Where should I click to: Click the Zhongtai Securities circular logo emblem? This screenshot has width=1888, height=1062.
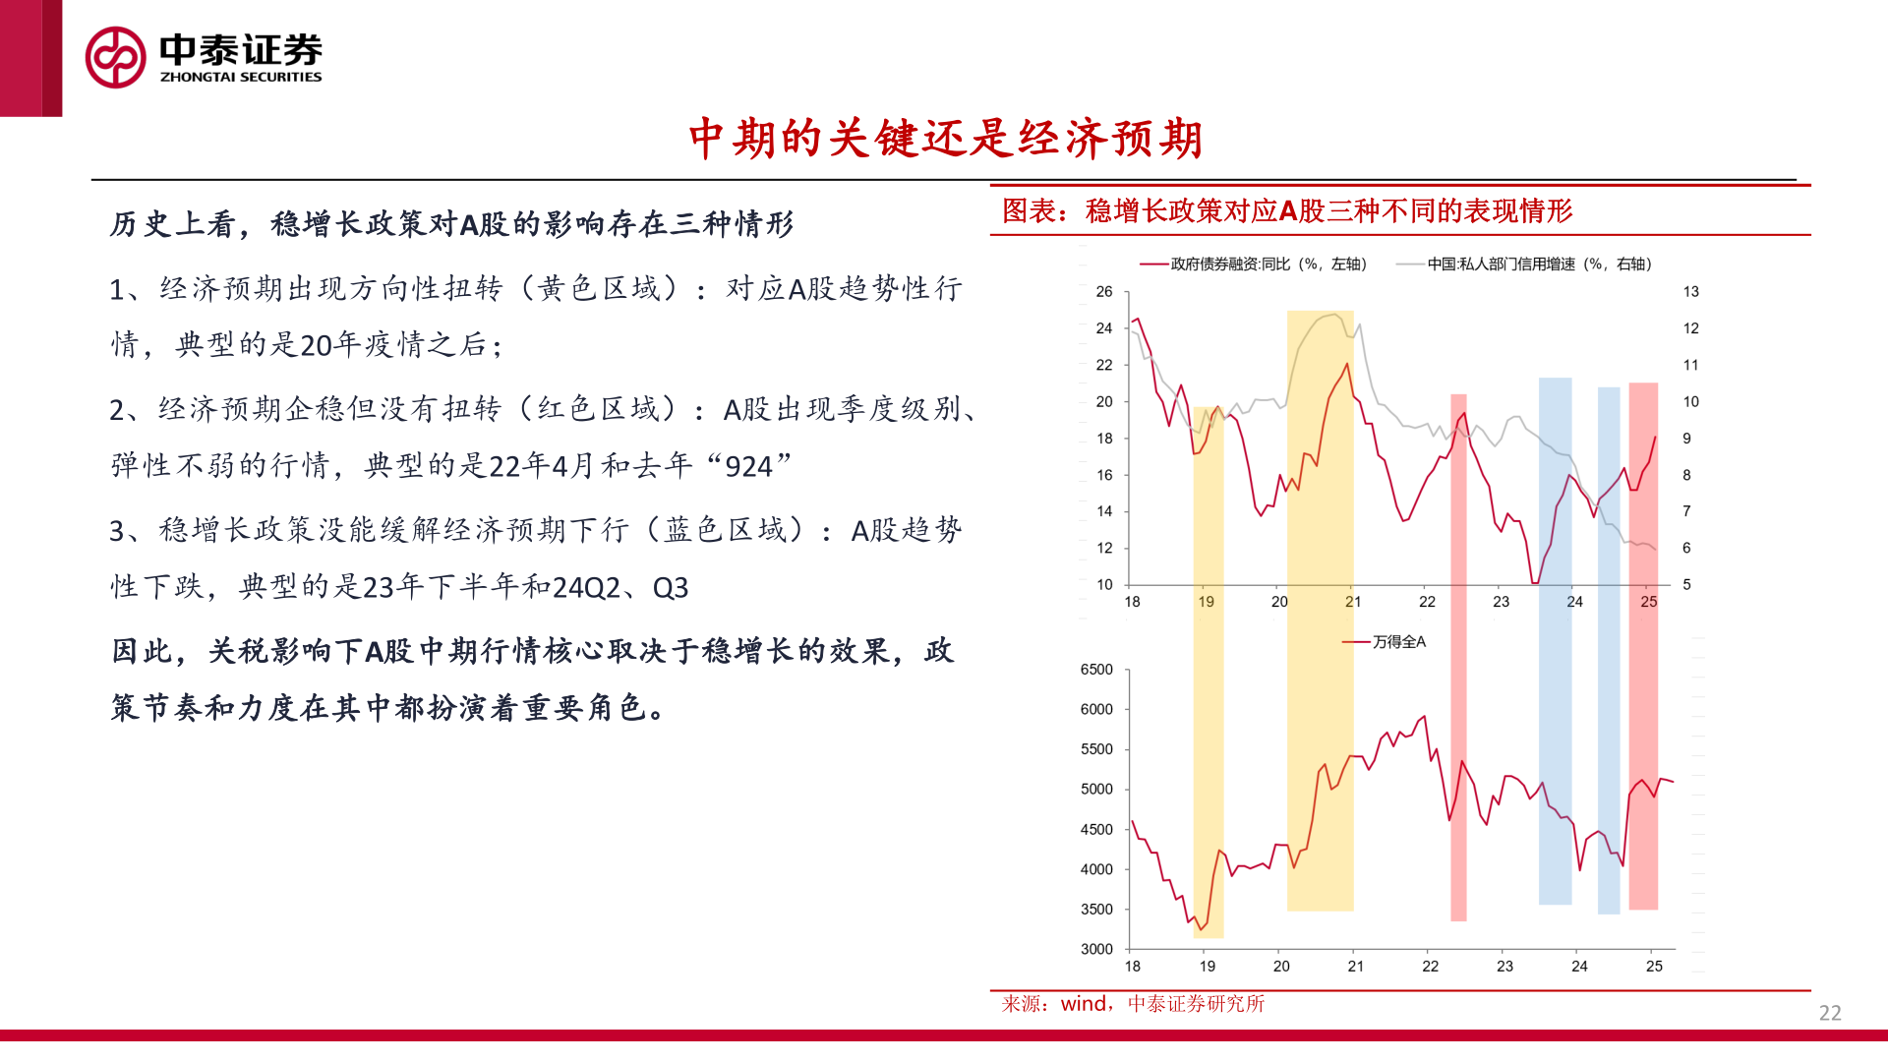[115, 57]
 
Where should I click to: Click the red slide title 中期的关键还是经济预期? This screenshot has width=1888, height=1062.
[945, 139]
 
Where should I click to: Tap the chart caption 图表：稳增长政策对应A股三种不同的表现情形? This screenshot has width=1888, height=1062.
[1286, 210]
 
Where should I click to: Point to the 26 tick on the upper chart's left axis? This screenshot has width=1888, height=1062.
[1104, 292]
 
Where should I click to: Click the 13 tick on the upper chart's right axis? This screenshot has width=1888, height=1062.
[1690, 292]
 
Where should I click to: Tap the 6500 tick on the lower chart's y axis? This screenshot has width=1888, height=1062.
[1096, 670]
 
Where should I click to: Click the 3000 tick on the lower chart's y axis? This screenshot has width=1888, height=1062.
[1096, 949]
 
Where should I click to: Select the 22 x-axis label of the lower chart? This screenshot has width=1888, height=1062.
[1430, 967]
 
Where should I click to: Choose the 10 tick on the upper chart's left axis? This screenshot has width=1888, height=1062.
[1104, 585]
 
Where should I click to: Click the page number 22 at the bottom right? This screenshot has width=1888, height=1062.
[1829, 1013]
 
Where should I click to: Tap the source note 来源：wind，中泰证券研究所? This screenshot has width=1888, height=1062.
[1133, 1004]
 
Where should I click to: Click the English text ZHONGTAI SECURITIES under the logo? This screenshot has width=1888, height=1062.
[241, 77]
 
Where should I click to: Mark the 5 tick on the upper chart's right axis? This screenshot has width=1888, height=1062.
[1686, 585]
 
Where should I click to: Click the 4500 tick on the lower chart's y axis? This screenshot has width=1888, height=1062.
[1096, 830]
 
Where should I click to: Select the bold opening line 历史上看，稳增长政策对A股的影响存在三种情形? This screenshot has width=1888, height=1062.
[451, 224]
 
